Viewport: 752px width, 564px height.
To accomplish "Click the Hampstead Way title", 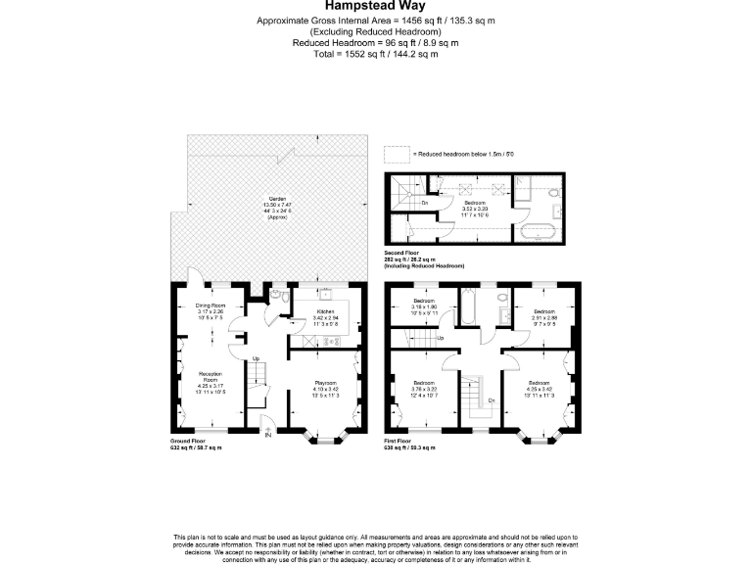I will pyautogui.click(x=375, y=5).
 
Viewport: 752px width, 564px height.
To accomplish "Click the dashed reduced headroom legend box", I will pyautogui.click(x=396, y=154).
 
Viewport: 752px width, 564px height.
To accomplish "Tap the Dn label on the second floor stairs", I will pyautogui.click(x=423, y=203).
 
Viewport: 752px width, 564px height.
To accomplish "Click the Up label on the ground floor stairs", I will pyautogui.click(x=257, y=358).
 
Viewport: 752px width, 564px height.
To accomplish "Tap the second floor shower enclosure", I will pyautogui.click(x=531, y=188).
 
